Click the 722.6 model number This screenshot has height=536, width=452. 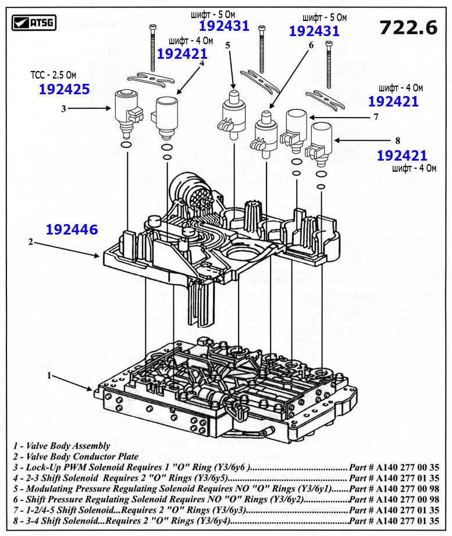coord(407,27)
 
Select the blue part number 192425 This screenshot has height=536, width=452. coord(64,89)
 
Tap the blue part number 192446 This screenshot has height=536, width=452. coord(72,230)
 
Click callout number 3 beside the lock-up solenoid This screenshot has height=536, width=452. coord(63,108)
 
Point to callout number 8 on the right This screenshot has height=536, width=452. coord(398,140)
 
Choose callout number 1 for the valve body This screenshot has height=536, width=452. coord(51,376)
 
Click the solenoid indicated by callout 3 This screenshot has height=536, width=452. coord(127,109)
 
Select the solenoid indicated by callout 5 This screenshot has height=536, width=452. coord(233,112)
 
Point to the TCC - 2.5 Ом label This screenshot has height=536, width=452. coord(54,76)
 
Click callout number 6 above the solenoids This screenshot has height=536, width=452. coord(311,45)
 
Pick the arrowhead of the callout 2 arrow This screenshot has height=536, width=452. coord(99,255)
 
